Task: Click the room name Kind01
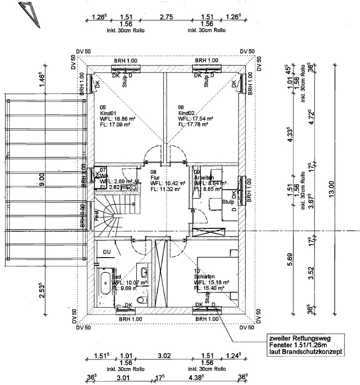tap(108, 113)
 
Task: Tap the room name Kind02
tap(187, 113)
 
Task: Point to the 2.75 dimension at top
tap(167, 17)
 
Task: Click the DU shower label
tap(107, 252)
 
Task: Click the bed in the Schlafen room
tap(217, 274)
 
